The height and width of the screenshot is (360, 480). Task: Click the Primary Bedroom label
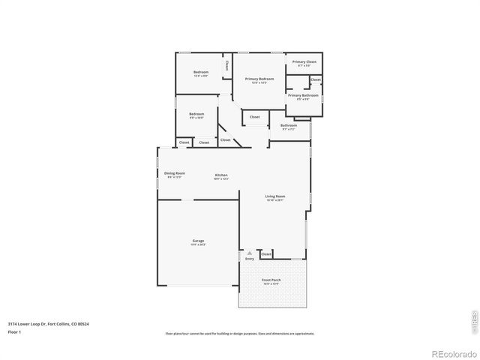click(x=259, y=79)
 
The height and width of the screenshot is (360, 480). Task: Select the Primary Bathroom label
click(x=303, y=95)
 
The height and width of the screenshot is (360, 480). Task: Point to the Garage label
click(x=198, y=241)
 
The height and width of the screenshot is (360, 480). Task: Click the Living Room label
click(x=275, y=196)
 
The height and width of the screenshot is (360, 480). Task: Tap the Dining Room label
click(x=175, y=173)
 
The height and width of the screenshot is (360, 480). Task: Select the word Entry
click(x=250, y=259)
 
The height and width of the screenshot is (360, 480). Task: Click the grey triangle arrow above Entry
click(x=250, y=253)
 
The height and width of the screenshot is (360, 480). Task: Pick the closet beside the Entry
click(x=266, y=254)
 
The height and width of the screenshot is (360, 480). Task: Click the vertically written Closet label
click(x=227, y=65)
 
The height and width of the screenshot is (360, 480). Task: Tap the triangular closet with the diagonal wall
click(x=225, y=139)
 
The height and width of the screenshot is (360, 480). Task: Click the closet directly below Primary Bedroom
click(x=255, y=117)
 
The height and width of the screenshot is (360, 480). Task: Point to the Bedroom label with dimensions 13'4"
click(x=201, y=73)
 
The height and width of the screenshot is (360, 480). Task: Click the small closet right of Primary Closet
click(x=316, y=79)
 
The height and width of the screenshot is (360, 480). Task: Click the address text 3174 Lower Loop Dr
click(x=48, y=324)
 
